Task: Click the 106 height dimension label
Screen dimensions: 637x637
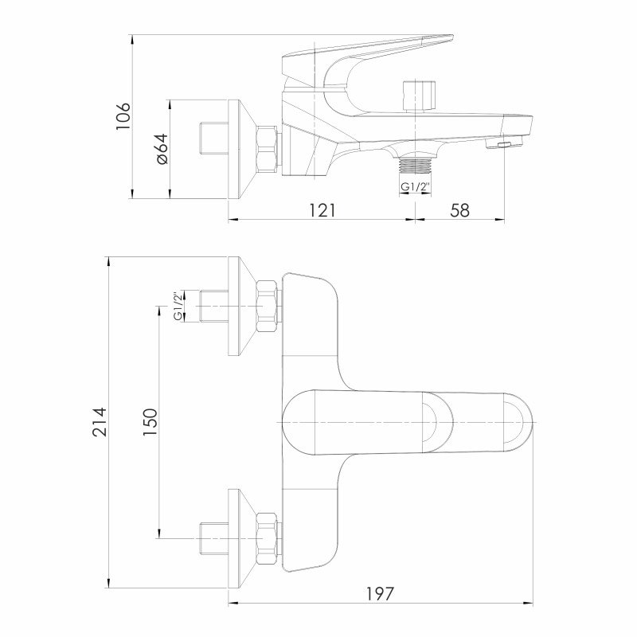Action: point(123,116)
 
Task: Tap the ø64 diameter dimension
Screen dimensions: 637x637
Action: point(162,149)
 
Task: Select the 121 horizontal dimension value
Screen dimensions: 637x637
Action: point(322,210)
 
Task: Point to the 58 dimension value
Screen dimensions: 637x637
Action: point(460,210)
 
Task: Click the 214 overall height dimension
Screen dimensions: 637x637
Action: point(100,422)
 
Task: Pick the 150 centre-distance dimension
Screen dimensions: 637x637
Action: point(150,422)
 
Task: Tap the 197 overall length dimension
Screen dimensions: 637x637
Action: point(381,594)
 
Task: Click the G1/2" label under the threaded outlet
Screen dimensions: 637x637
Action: point(415,187)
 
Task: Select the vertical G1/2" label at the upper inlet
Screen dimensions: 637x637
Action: point(178,306)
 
